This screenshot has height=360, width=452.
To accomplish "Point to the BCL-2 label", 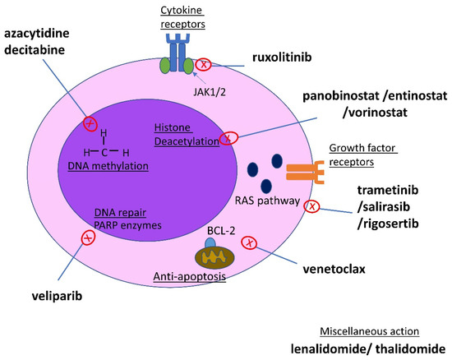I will [x=216, y=233].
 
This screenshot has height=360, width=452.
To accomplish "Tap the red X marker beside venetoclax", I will [x=251, y=243].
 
